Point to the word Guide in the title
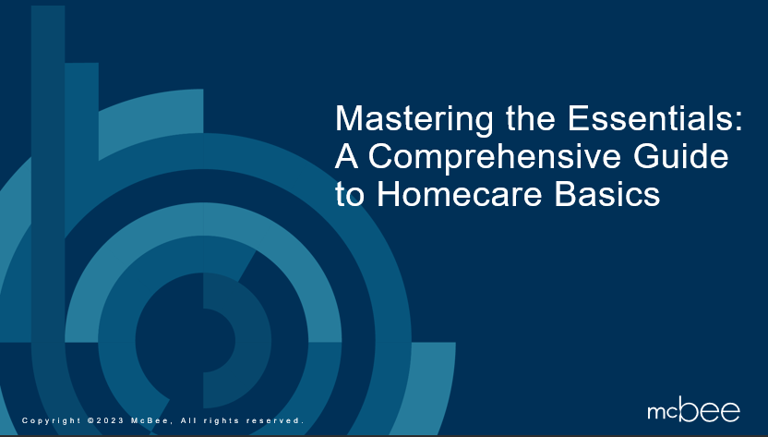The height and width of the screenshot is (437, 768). click(x=681, y=156)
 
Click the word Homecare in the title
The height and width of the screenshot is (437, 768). click(x=459, y=194)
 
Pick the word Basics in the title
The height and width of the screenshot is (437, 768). click(x=607, y=194)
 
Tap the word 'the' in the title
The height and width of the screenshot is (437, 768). click(x=531, y=118)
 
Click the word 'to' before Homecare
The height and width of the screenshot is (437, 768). click(x=350, y=195)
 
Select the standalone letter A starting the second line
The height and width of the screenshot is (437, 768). click(x=347, y=156)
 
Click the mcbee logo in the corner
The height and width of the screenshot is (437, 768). click(x=693, y=411)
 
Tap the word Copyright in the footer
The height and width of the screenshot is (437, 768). click(x=52, y=420)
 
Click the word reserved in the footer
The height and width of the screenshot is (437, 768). click(x=275, y=420)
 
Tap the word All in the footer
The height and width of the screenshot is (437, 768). click(x=188, y=420)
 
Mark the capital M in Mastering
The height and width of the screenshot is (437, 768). click(x=348, y=118)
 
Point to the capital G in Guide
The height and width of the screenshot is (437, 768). click(x=646, y=156)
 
